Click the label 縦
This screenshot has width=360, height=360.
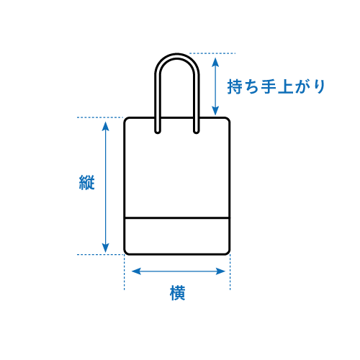click(87, 182)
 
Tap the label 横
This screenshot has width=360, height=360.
click(178, 293)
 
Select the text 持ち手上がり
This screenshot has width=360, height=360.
click(276, 86)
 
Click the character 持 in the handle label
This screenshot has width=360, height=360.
click(235, 86)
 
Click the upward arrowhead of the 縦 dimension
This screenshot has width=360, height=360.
click(105, 126)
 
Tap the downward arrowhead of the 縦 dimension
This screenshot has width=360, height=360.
click(105, 248)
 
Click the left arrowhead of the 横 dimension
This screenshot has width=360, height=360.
click(136, 271)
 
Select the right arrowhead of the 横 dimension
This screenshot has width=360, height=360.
click(220, 271)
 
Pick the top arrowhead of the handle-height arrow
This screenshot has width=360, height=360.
click(215, 62)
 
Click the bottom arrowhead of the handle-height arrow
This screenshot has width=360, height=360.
click(215, 111)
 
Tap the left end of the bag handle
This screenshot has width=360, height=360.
click(158, 132)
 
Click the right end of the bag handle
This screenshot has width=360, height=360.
click(197, 132)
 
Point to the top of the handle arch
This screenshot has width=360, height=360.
click(177, 55)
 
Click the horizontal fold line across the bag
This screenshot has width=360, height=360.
click(177, 218)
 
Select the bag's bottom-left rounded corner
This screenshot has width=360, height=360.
click(126, 252)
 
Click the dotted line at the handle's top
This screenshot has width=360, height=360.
click(212, 53)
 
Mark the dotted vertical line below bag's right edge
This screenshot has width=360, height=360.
click(230, 272)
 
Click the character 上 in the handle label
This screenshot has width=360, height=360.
click(286, 86)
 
